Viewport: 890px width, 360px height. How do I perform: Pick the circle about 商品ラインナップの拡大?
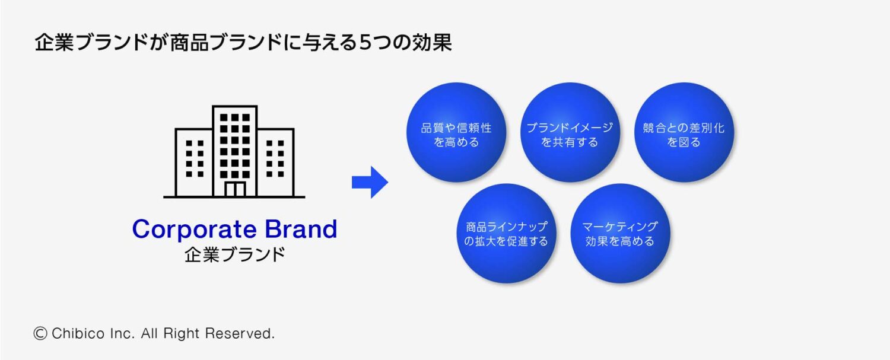coord(506,233)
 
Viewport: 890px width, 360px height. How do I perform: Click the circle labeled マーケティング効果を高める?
coord(620,233)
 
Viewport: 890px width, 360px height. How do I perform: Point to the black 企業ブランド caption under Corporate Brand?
coord(234,255)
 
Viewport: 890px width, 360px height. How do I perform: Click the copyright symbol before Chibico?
coord(40,333)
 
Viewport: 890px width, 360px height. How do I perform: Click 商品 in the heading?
coord(186,43)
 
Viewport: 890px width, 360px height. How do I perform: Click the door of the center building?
coord(234,189)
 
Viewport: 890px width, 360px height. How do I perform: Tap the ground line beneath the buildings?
coord(234,197)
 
